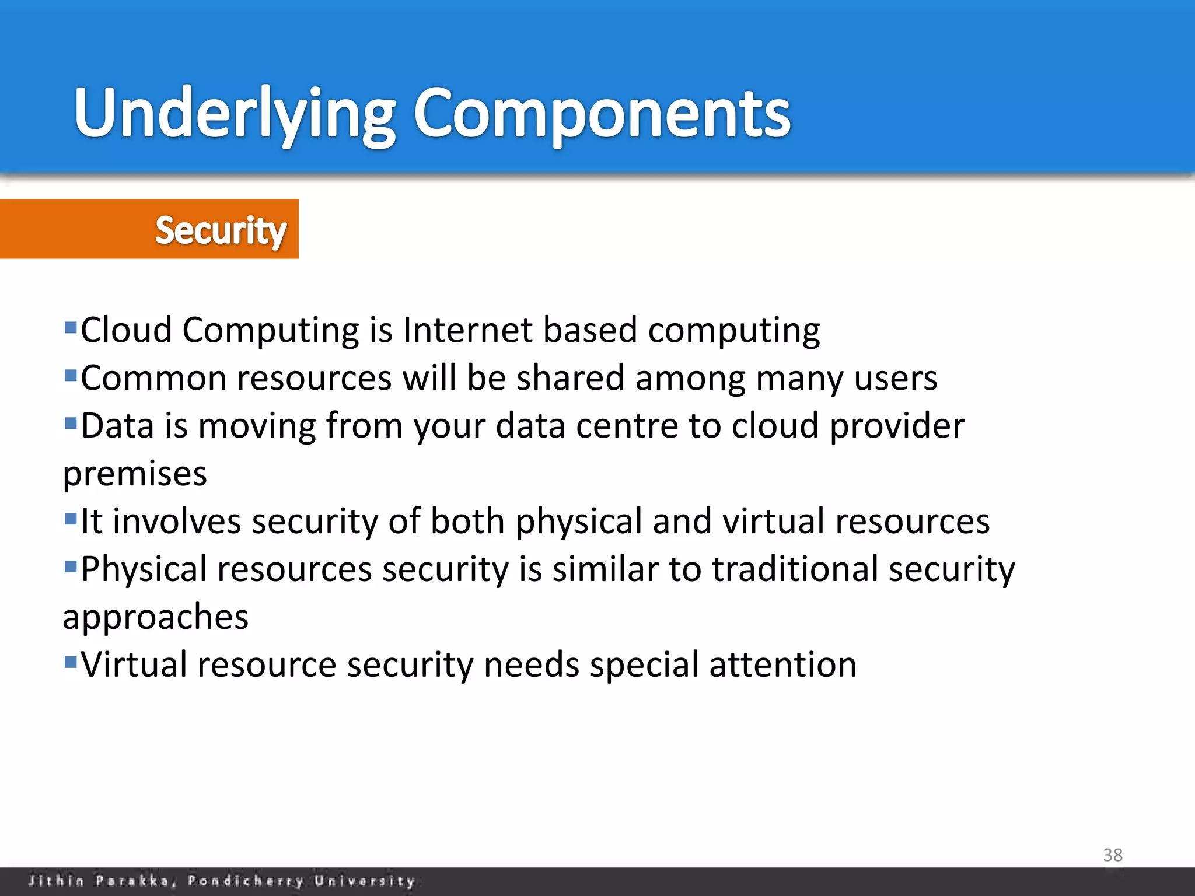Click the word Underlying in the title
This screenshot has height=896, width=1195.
click(x=233, y=114)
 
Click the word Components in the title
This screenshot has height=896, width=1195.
click(x=601, y=114)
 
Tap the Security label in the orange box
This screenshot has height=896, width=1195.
click(x=221, y=230)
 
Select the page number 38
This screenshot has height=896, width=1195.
click(x=1112, y=855)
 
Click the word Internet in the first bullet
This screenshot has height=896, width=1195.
click(x=467, y=330)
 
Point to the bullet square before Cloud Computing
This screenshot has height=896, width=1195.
click(x=71, y=327)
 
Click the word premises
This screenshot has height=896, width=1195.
click(x=135, y=474)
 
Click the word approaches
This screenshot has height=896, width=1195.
click(x=155, y=617)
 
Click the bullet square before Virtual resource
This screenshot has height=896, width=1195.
click(x=71, y=661)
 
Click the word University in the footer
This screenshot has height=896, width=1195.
click(x=365, y=881)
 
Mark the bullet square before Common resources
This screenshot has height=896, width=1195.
click(x=71, y=374)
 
